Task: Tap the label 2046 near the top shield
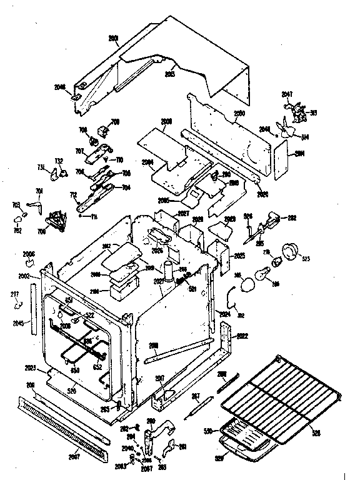(77, 88)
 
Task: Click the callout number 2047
(287, 94)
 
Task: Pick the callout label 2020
(262, 194)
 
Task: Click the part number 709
(114, 122)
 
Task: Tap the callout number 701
(39, 191)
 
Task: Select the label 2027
(183, 214)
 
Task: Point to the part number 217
(14, 294)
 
